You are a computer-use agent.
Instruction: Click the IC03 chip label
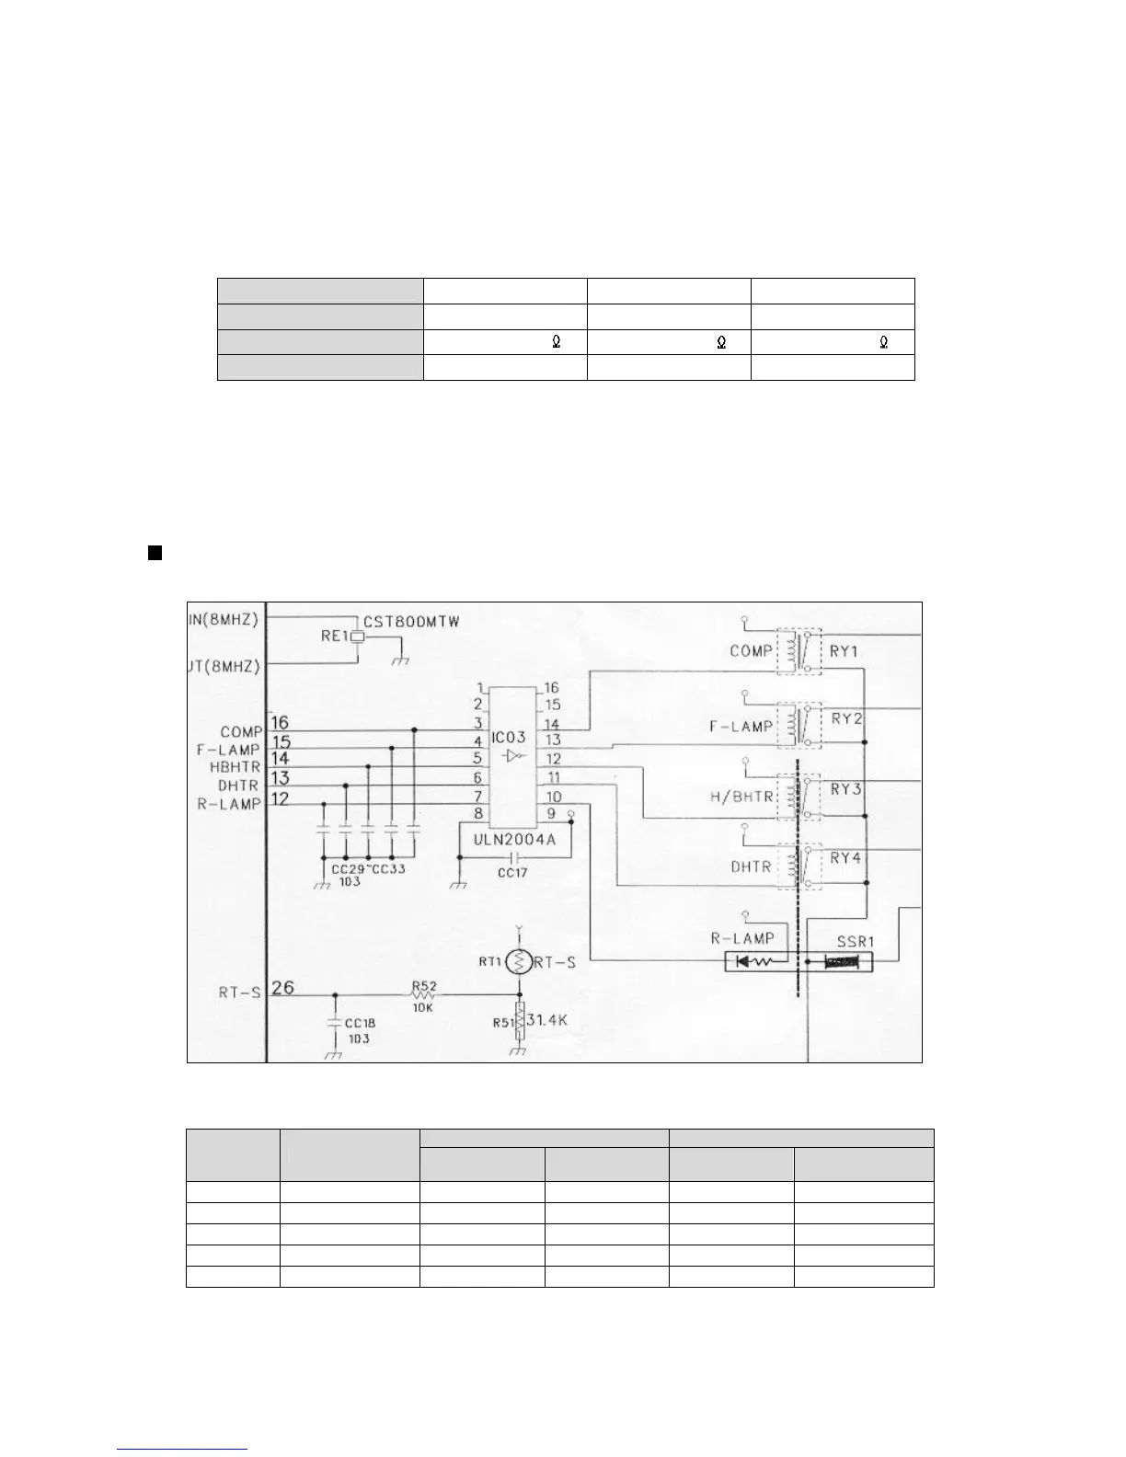(508, 738)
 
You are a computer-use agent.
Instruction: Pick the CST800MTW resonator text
(412, 623)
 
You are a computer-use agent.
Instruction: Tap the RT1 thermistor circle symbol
(519, 962)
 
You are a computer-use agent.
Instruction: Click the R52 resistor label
(423, 986)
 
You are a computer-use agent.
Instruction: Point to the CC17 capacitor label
(512, 872)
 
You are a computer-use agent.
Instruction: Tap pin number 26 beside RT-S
(283, 988)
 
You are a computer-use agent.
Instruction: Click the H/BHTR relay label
(741, 797)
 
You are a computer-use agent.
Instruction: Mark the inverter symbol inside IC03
(513, 756)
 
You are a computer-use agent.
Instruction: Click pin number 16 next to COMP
(280, 723)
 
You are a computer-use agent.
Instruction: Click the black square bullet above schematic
(155, 553)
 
